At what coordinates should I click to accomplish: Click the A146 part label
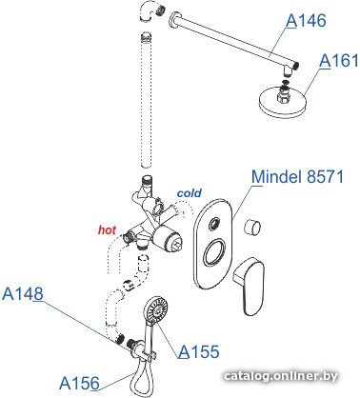click(306, 21)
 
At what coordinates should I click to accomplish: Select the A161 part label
click(339, 60)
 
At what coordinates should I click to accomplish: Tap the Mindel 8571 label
click(297, 176)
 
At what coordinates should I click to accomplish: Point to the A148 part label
click(23, 293)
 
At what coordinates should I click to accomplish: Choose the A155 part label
click(199, 351)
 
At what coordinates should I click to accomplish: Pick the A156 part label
click(79, 383)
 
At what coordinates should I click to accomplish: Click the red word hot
click(107, 229)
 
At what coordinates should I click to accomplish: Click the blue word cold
click(190, 192)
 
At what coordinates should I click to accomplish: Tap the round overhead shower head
click(283, 101)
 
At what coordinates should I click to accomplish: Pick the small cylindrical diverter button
click(252, 228)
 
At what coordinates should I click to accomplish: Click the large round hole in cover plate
click(214, 252)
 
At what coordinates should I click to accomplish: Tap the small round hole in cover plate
click(214, 224)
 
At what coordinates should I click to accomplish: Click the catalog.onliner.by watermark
click(281, 376)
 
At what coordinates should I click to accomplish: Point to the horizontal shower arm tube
click(234, 41)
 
